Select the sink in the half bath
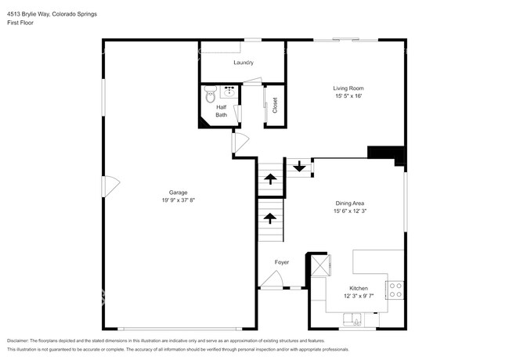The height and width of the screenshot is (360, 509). point(229,91)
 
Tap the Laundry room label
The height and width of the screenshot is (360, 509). point(244,62)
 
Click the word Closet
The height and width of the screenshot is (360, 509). point(275,104)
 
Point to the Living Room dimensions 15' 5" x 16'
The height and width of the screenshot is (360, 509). point(348,97)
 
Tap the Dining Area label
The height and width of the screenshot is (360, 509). point(349,203)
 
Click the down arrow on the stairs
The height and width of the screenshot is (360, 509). point(298,166)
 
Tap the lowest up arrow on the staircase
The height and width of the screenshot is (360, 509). point(270,218)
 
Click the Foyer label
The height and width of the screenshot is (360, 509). point(282,262)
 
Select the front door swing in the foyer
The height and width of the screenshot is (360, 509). point(272,279)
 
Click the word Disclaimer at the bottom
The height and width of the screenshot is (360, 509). point(20,341)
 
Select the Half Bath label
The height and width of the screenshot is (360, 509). point(222,111)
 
